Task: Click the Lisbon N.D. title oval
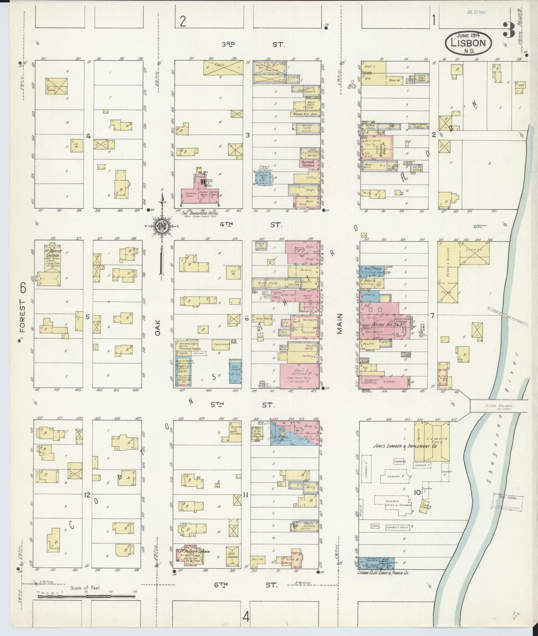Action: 468,43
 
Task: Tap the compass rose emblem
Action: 162,225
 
